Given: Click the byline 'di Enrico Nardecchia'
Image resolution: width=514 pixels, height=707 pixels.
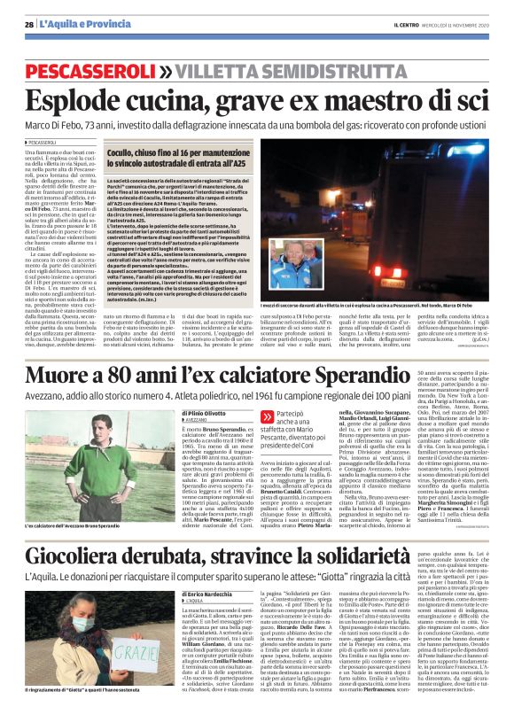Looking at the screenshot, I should (x=207, y=569).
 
